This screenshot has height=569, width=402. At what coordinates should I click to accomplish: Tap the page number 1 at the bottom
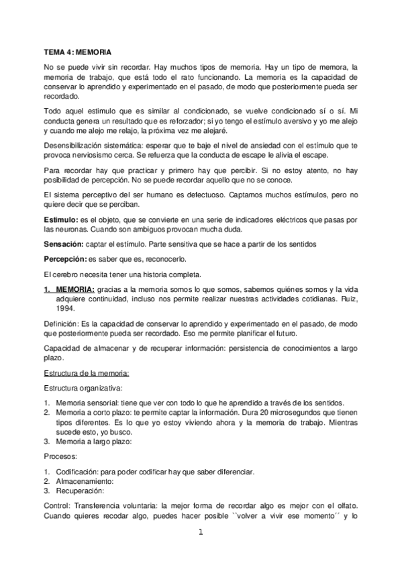[x=200, y=533]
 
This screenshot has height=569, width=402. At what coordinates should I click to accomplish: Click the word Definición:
[x=62, y=323]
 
